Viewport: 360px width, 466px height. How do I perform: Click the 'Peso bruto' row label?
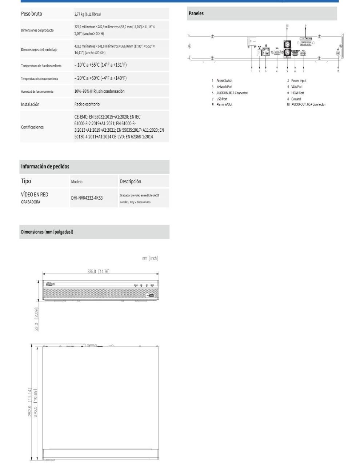32,14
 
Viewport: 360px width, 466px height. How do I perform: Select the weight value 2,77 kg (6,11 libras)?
88,14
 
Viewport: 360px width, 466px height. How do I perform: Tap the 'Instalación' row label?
30,104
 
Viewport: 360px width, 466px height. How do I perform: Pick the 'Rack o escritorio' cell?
87,104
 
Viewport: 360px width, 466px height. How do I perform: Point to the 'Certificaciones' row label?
32,127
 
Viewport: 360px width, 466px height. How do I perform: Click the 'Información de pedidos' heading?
45,167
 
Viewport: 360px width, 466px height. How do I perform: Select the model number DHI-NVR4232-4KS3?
87,198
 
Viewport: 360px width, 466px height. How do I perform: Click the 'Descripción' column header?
130,182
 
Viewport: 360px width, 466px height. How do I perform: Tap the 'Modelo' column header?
77,182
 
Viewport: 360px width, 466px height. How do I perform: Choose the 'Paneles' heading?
196,13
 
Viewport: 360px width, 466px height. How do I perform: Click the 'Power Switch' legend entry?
224,80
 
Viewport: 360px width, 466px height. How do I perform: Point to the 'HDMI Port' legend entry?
297,93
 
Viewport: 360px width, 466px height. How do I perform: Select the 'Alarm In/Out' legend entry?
224,104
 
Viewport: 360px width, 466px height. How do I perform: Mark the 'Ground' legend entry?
296,99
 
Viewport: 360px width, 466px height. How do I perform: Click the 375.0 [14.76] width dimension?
98,271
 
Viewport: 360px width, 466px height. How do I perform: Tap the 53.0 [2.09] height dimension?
36,319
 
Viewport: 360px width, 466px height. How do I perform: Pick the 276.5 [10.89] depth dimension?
35,403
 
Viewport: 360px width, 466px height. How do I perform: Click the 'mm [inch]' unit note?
150,258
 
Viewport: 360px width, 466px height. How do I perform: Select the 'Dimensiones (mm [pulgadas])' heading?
47,232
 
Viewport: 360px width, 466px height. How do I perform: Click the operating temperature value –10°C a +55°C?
100,65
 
